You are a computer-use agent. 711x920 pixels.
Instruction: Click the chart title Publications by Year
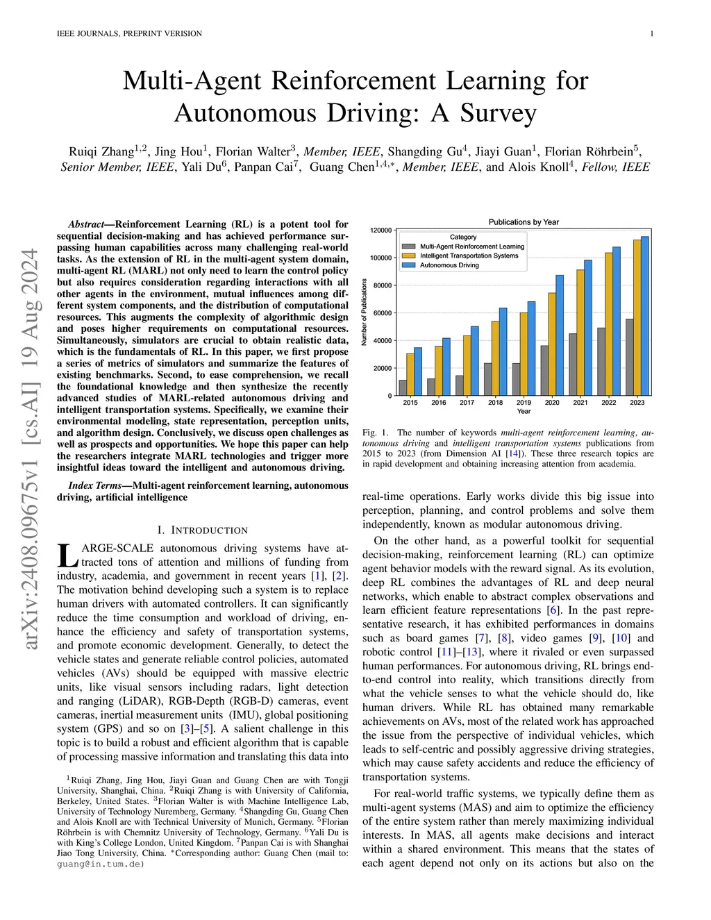[524, 222]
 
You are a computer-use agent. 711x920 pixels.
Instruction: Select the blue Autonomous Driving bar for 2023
[644, 316]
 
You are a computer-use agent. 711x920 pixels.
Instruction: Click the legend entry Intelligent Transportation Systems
[469, 256]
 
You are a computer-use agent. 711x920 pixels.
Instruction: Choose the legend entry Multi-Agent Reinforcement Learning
[472, 246]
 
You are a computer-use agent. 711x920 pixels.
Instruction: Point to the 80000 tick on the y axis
[382, 285]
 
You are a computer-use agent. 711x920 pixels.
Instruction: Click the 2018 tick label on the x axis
[495, 403]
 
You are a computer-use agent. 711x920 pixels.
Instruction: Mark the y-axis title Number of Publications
[365, 312]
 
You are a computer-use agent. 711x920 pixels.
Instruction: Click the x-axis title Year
[524, 411]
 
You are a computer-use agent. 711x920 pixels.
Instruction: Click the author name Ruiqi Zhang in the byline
[101, 152]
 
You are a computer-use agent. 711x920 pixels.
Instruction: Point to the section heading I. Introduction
[202, 530]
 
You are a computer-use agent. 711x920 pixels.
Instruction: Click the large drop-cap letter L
[67, 555]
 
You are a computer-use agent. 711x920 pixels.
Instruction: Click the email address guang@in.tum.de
[101, 864]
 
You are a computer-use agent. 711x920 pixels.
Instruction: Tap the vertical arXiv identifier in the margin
[30, 449]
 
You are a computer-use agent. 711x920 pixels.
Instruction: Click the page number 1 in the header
[652, 33]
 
